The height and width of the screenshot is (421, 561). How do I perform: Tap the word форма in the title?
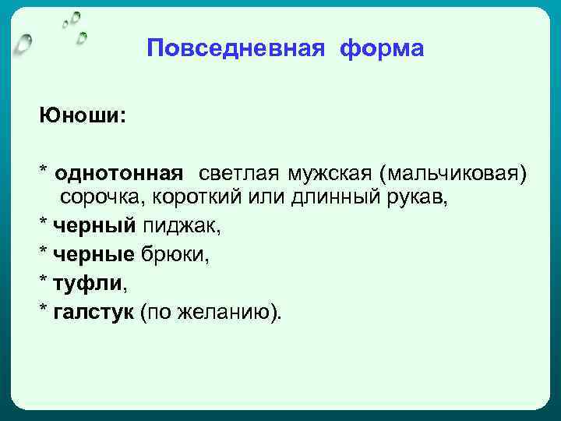tap(381, 49)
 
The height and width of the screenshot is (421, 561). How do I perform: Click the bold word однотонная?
tap(119, 172)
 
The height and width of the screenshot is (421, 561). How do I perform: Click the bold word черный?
tap(93, 227)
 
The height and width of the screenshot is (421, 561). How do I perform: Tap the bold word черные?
tap(94, 255)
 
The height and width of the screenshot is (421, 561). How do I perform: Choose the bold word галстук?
tap(93, 311)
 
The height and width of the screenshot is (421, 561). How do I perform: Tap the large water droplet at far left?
tap(23, 42)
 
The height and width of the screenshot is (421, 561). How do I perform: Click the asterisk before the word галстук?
tap(44, 310)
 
